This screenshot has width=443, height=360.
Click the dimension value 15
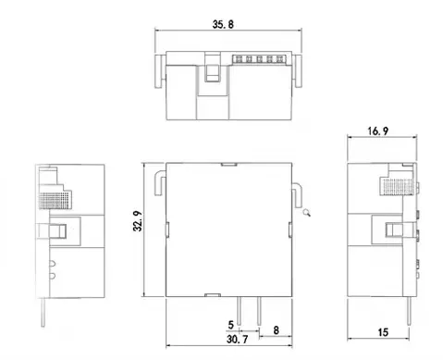coord(382,332)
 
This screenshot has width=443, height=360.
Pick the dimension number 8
coord(277,328)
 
